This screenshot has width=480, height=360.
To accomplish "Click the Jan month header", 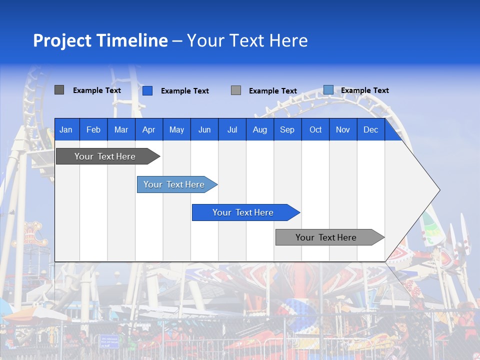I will [66, 129].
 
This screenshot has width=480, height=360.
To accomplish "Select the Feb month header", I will [93, 129].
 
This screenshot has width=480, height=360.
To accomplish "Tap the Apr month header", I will [148, 129].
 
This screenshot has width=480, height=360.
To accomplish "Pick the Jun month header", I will [204, 129].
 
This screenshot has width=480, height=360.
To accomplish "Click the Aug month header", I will [259, 129].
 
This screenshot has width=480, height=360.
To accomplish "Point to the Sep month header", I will [287, 129].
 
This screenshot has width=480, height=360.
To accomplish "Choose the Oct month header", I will [315, 129].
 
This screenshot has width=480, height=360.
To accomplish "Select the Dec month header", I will [370, 129].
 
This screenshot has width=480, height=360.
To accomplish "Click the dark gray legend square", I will [59, 90].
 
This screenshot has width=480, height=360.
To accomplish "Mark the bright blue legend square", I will [147, 90].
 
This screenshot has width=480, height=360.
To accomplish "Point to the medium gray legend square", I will [236, 90].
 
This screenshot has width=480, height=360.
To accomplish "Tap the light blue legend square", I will [328, 90].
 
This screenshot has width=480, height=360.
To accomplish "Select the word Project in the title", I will [62, 40].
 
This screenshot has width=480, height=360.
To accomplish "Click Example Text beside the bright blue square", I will [184, 91].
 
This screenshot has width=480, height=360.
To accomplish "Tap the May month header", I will [176, 129].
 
